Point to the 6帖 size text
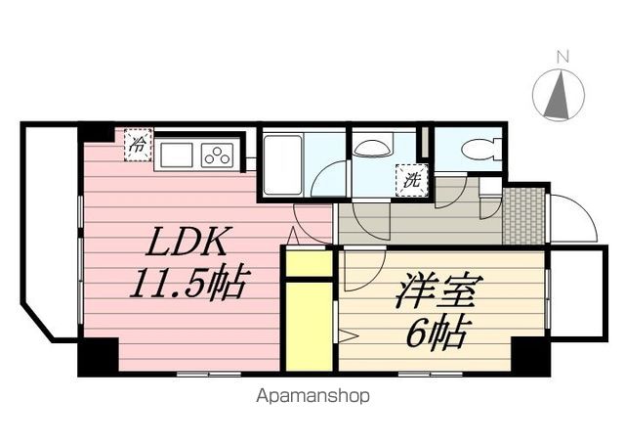(434, 334)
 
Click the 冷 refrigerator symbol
(138, 147)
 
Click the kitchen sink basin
(178, 155)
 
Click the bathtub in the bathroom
(282, 162)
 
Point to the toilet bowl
(478, 150)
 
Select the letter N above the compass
(562, 57)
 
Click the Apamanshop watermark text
(312, 396)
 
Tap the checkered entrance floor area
(523, 214)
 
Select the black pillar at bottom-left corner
(98, 356)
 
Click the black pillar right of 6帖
(529, 355)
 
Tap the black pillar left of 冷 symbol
(97, 131)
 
